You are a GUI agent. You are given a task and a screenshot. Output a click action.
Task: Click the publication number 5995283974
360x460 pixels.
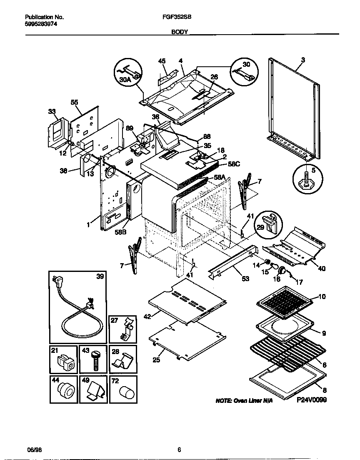[x=41, y=24]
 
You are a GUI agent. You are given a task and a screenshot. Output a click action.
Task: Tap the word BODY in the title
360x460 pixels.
[x=180, y=32]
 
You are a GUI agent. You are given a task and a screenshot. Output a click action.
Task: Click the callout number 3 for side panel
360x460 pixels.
[x=302, y=60]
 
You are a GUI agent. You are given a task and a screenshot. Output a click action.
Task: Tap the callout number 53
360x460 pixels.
[x=245, y=279]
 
